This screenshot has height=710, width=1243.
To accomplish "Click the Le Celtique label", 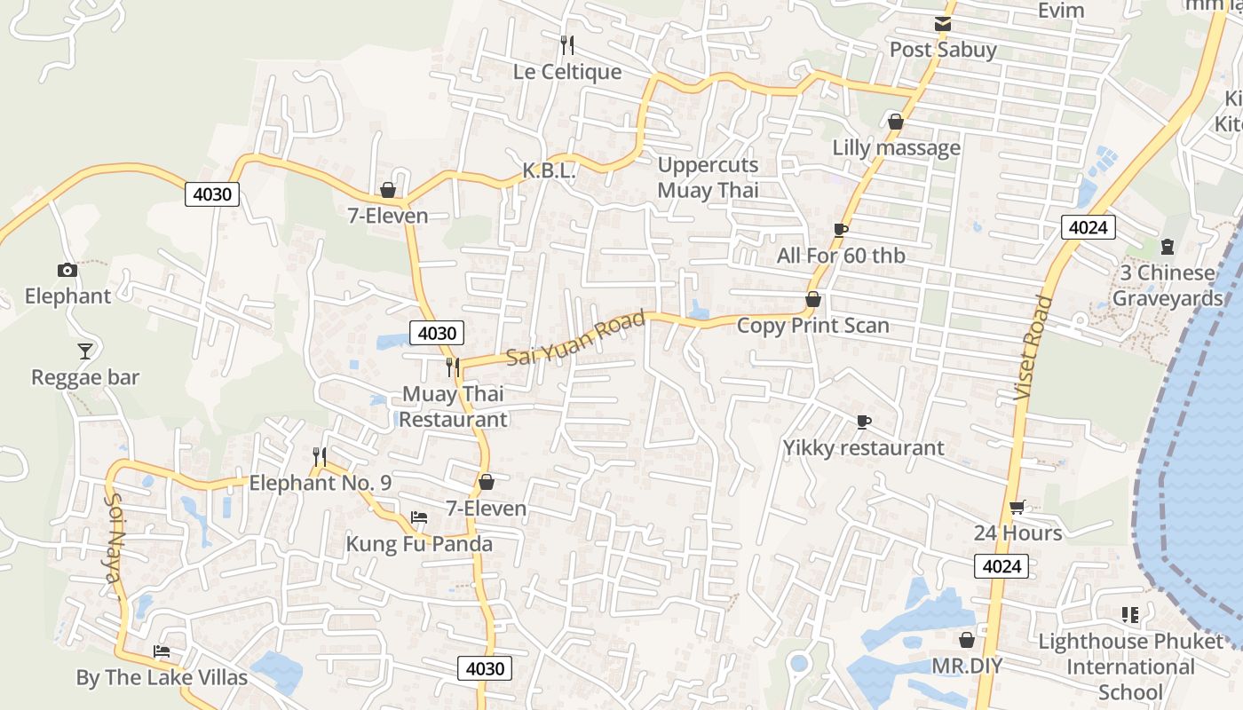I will point(567,72).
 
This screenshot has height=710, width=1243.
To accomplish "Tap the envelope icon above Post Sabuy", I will point(943,24).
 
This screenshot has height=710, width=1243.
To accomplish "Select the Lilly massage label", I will point(896,147).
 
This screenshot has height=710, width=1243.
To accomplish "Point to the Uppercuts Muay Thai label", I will point(708,177).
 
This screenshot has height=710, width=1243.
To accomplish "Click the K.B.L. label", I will point(549,170).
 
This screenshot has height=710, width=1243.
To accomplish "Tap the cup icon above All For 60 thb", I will point(840,231).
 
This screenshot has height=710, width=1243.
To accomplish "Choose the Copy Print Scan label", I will point(812,326).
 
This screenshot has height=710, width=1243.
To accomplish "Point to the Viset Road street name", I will point(1033,347).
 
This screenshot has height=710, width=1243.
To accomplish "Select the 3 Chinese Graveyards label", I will point(1167,286).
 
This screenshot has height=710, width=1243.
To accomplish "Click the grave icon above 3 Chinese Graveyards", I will point(1168,247).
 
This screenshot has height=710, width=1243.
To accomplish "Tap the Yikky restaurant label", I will point(863,448).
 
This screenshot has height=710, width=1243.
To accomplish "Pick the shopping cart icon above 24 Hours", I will point(1017,508).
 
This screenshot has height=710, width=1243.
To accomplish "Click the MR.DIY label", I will point(966,666).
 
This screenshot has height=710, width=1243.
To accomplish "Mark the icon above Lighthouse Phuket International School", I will point(1130,615).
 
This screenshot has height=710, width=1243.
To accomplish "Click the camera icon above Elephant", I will point(67,271).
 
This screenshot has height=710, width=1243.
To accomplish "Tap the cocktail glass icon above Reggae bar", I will point(84,351).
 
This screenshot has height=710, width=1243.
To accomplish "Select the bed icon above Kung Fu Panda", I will point(419,517).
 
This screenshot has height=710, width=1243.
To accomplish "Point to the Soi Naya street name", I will point(114,538).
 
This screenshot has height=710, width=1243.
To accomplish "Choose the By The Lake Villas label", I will point(162,678).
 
